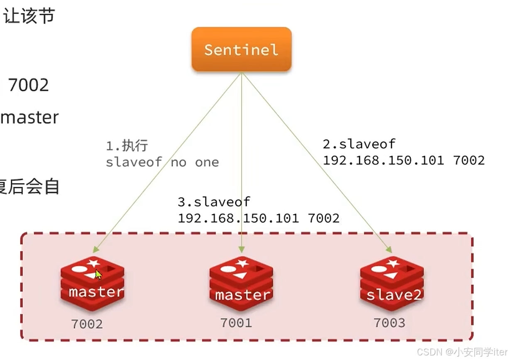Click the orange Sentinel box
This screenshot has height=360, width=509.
point(241,49)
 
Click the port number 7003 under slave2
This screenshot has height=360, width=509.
point(389,323)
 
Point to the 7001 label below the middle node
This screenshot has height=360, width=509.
point(236,323)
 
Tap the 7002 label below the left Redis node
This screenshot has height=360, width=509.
point(87,324)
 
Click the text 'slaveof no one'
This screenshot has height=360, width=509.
point(162,162)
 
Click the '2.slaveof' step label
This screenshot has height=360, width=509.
point(359,144)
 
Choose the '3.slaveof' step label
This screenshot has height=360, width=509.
point(214,202)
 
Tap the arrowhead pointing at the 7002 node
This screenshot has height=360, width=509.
point(95,250)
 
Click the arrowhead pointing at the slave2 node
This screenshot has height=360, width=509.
point(389,250)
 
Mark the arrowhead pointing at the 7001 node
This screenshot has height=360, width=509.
point(241,250)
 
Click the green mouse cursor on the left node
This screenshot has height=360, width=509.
point(98,274)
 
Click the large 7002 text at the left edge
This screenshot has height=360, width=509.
point(28,85)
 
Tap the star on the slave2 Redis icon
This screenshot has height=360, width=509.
point(392,263)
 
